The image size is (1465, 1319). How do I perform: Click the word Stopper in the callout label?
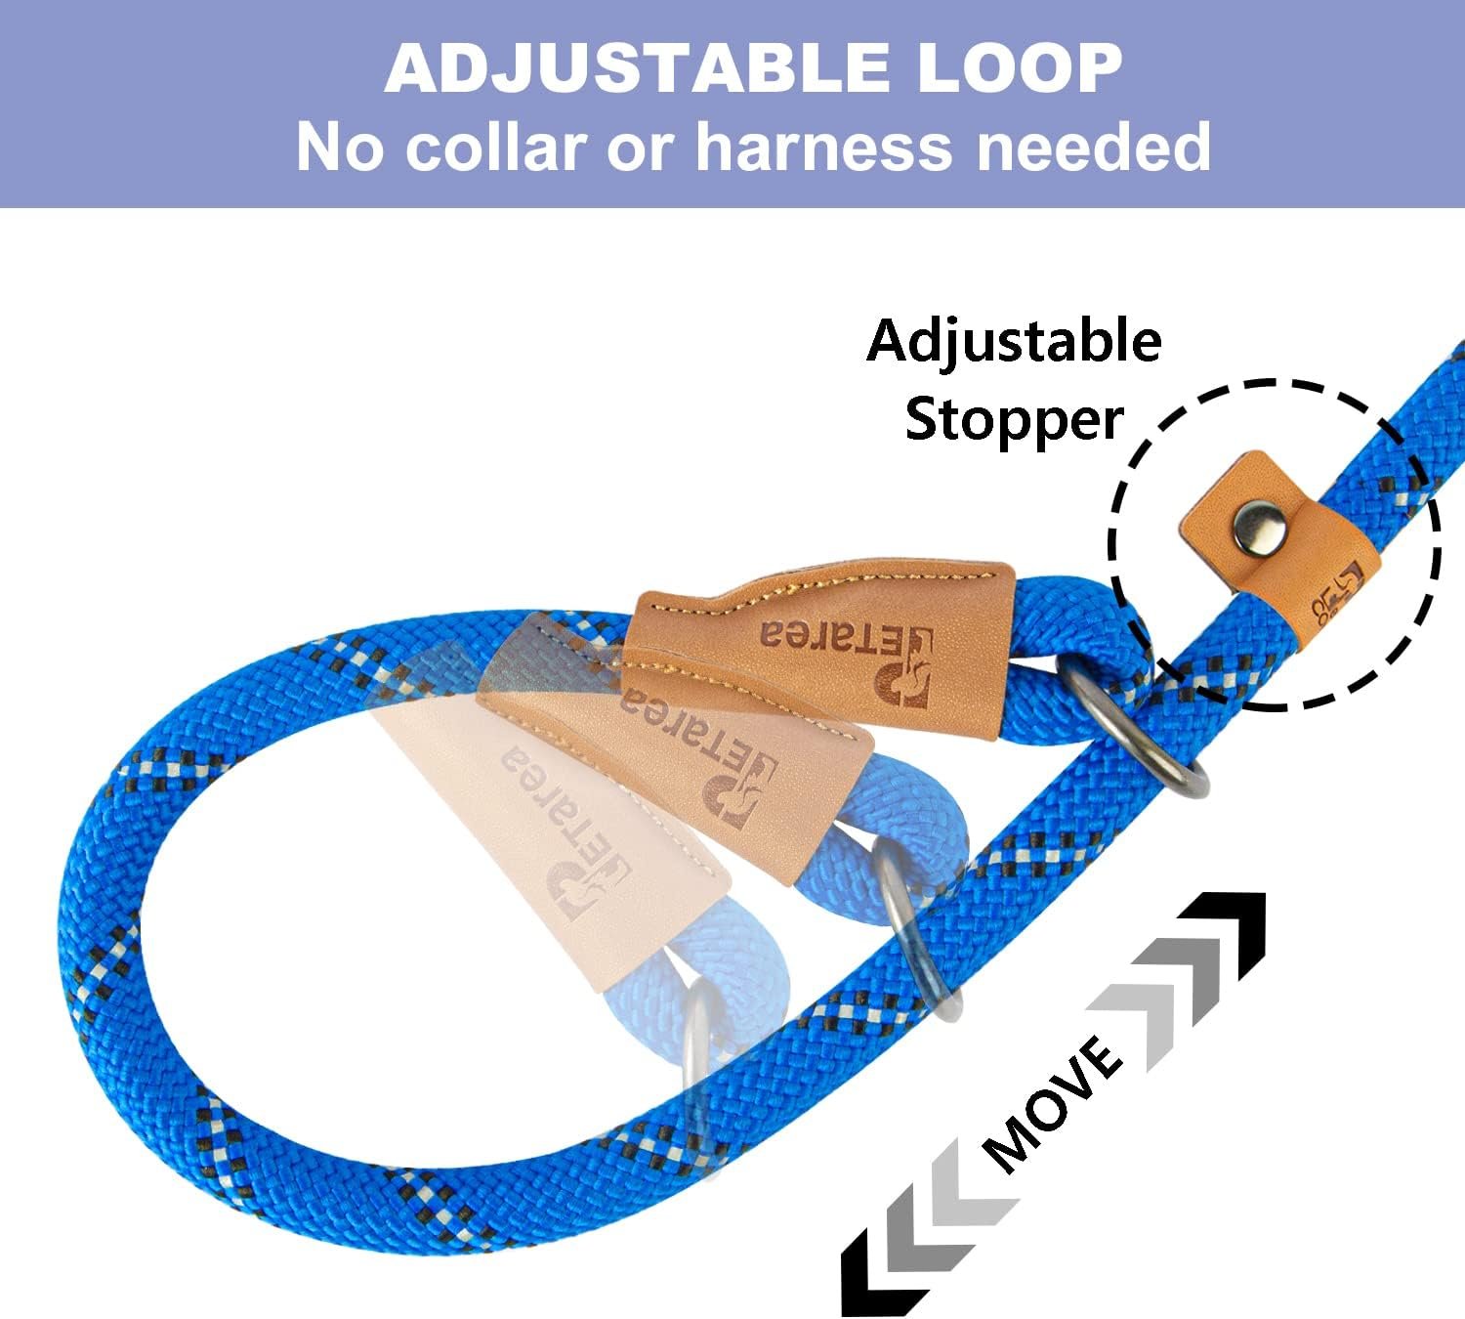pos(1014,419)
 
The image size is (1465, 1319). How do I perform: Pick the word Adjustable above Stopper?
pos(1014,341)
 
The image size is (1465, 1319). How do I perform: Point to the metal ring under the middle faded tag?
pos(913,928)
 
